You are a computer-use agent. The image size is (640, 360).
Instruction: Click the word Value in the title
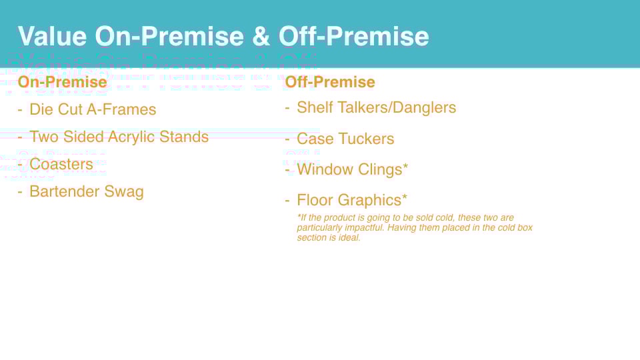[52, 36]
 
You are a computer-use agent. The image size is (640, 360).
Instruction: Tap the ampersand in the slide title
[261, 36]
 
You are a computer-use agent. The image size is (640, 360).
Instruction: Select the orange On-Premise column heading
[63, 82]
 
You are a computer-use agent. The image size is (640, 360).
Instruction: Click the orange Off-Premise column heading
[330, 82]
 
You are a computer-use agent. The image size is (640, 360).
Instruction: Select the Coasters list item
[61, 164]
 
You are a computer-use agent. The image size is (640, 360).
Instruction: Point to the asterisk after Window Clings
[405, 166]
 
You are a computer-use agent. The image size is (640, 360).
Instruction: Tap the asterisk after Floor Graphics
[405, 197]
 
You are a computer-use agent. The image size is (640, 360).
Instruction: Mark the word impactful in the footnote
[365, 228]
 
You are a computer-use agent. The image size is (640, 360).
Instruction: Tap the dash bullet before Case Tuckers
[287, 139]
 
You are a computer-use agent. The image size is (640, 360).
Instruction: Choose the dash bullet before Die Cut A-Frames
[20, 110]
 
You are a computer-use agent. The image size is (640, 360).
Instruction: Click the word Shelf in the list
[315, 108]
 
